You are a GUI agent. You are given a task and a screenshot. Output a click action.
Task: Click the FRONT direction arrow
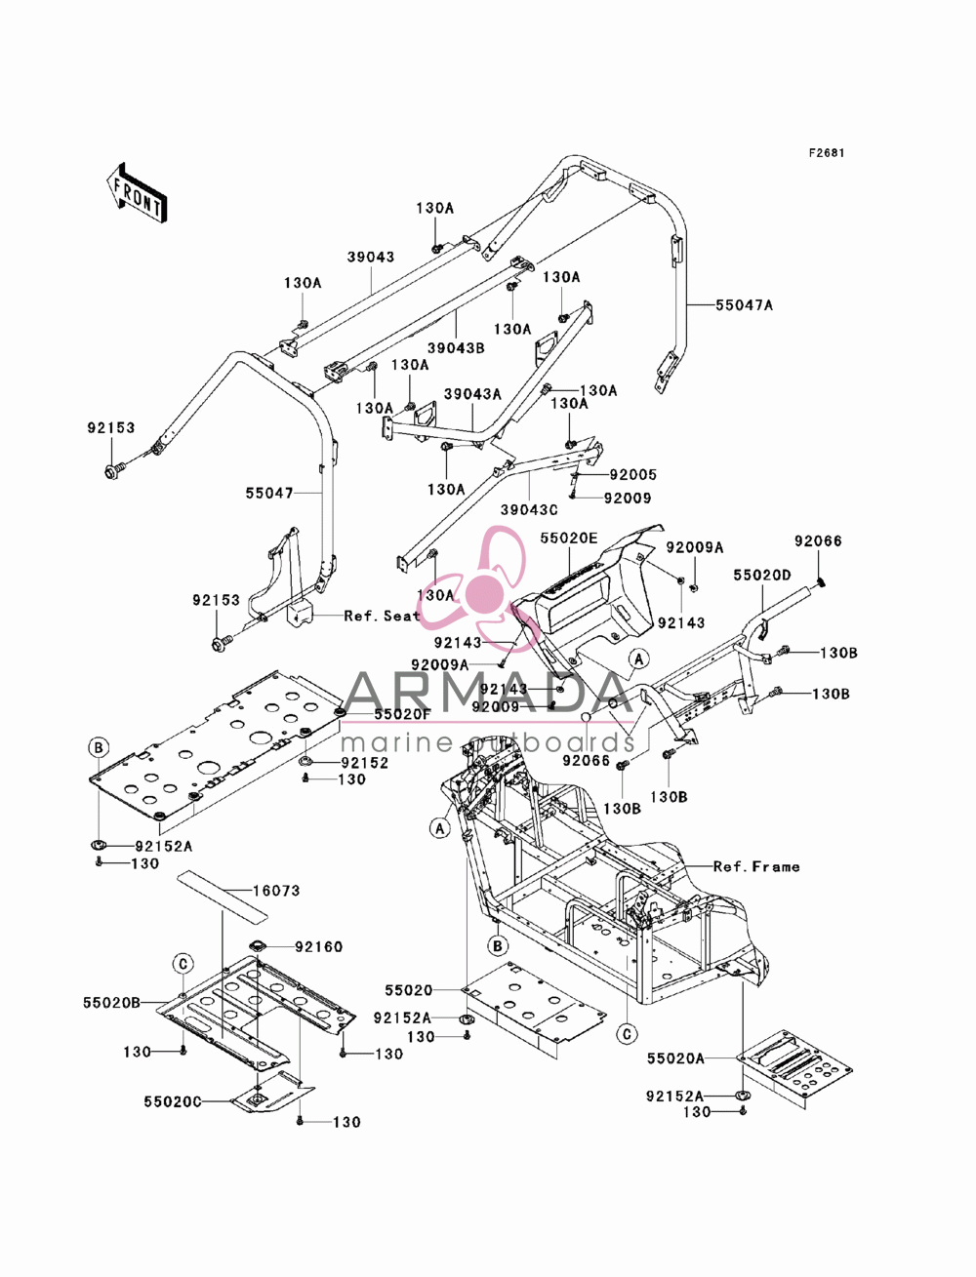point(137,192)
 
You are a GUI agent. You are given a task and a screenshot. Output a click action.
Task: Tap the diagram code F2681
point(827,153)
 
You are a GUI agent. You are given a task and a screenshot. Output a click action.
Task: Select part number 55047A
point(745,304)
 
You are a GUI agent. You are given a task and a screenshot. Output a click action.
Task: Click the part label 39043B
point(457,348)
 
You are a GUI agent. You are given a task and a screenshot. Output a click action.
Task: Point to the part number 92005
point(633,475)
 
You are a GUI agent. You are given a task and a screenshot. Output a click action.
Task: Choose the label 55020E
point(569,539)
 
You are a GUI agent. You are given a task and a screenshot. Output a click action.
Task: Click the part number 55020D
point(762,576)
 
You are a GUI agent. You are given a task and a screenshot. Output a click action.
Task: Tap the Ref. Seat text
point(382,617)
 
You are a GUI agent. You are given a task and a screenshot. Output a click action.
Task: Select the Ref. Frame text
point(756,867)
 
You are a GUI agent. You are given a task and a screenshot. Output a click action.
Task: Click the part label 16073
point(276,891)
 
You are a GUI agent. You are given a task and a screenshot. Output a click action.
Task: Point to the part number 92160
point(319,947)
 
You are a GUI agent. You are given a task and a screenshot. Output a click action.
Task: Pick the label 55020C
point(173,1101)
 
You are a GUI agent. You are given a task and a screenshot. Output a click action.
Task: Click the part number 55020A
point(675,1058)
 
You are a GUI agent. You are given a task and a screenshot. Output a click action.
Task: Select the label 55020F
point(403,714)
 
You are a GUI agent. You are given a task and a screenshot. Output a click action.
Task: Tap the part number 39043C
point(529,509)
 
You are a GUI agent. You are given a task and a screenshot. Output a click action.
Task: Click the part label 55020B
point(111,1003)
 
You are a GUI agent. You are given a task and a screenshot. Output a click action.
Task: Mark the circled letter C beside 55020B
point(183,964)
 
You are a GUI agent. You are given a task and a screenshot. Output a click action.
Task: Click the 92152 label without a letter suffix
point(365,763)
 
